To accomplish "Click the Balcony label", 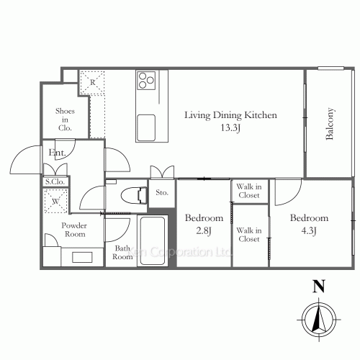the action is coord(330,124).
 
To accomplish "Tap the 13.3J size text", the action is coord(230,127).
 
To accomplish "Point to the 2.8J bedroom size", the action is coord(204,231).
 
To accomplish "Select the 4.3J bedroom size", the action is coord(309,231).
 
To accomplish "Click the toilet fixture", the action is coord(134,196).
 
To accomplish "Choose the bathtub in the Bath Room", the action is coord(153,240).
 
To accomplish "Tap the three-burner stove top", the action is coord(146,81).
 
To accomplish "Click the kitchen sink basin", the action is coord(146,127).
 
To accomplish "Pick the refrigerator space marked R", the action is coord(92,83).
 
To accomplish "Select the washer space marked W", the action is coord(55,201).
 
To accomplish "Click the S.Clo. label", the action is coord(55,181).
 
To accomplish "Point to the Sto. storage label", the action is coord(162,192).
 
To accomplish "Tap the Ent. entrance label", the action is coord(57,153).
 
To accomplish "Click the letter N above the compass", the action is coord(319,286).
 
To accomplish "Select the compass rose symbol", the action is coord(319,320).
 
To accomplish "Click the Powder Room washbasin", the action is coord(82,257).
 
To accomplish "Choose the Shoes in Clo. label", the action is coord(65,120).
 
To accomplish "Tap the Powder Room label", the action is coord(74,230).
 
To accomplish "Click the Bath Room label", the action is coord(122,253).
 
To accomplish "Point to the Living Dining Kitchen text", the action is coord(230,115).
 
